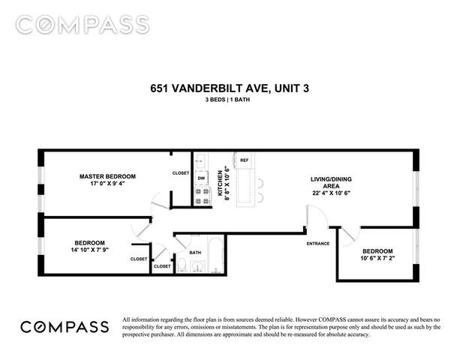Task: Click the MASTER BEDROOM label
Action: click(x=107, y=176)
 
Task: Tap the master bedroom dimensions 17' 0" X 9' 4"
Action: click(x=107, y=184)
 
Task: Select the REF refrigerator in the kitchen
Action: click(x=245, y=160)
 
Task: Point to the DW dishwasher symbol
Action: click(x=201, y=178)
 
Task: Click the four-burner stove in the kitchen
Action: click(x=202, y=196)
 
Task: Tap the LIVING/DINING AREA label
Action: click(x=331, y=183)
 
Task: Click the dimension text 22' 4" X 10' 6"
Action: click(x=331, y=193)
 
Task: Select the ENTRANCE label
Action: click(x=318, y=244)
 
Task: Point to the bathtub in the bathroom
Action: click(x=215, y=254)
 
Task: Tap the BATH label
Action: click(x=195, y=253)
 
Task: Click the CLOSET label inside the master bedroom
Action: click(x=181, y=172)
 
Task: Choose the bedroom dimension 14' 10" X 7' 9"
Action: click(x=89, y=250)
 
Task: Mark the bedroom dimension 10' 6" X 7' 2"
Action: click(x=377, y=259)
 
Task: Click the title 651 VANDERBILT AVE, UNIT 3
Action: click(x=230, y=88)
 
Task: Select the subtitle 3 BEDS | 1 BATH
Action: click(x=227, y=100)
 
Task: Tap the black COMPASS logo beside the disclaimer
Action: click(x=65, y=327)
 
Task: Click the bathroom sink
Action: click(x=197, y=266)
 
